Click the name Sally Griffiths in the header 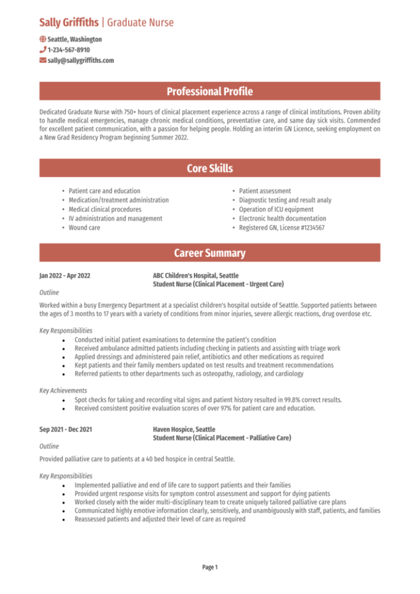coord(68,23)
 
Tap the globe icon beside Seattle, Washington coord(42,39)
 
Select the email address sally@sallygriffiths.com coord(81,60)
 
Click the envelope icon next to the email coord(42,60)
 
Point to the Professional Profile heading coord(209,91)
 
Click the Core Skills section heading coord(209,168)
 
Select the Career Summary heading coord(209,253)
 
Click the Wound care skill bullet coord(84,228)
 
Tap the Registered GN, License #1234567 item coord(281,228)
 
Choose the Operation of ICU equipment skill coord(276,209)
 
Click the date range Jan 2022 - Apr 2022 coord(65,276)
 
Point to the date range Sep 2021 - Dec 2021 coord(66,430)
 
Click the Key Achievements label coord(63,390)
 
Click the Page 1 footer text coord(209,567)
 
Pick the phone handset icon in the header coord(42,50)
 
